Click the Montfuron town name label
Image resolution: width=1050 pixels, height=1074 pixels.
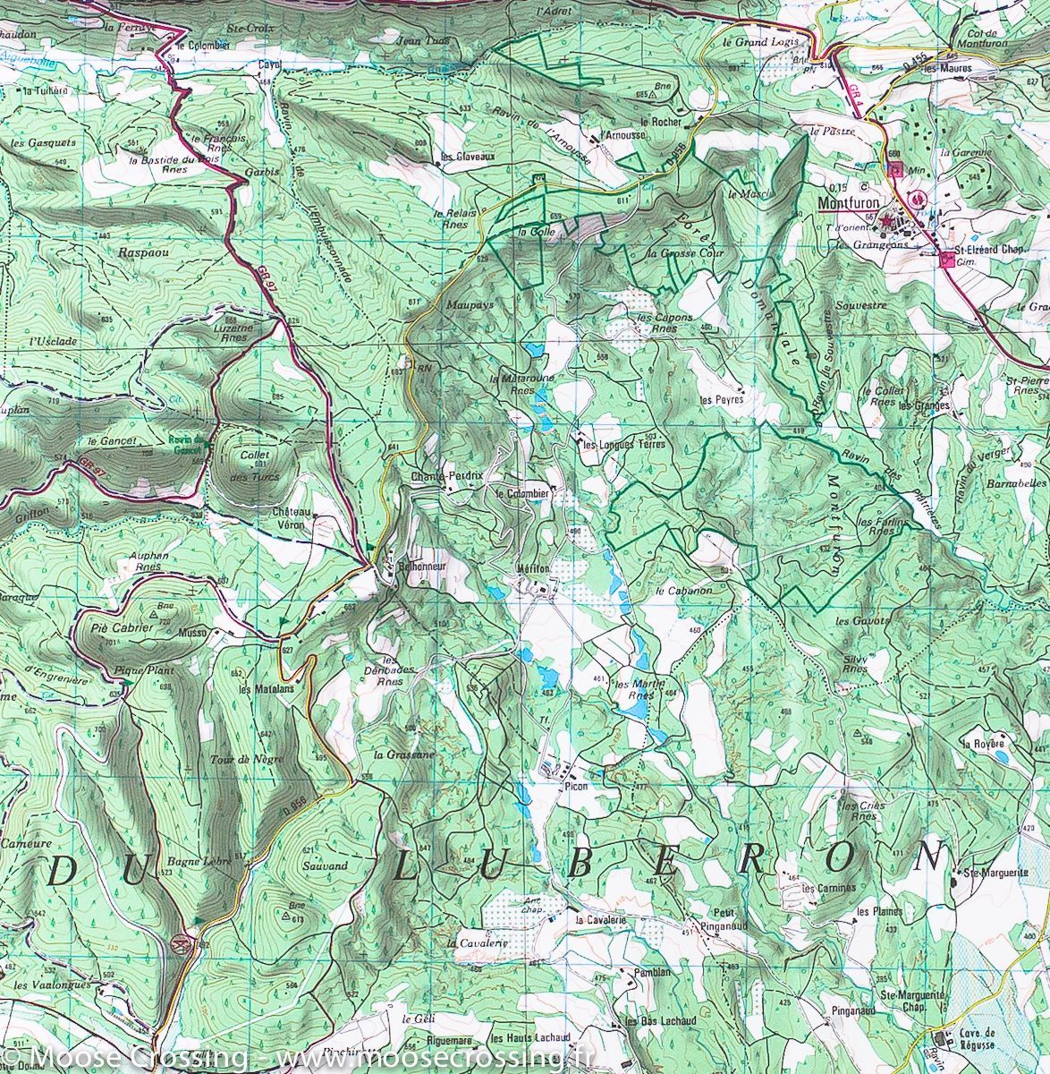click(x=848, y=203)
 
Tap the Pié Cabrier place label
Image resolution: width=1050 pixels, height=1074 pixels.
click(x=123, y=628)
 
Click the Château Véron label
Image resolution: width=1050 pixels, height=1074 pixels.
click(x=292, y=518)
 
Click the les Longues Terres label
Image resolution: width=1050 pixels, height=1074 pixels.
click(x=625, y=444)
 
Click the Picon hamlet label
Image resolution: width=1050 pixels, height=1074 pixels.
click(x=574, y=785)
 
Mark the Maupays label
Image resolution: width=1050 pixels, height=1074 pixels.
click(x=470, y=305)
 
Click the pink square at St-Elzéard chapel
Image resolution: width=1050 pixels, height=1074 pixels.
click(x=946, y=260)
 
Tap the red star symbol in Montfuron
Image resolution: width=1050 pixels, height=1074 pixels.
click(x=887, y=220)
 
